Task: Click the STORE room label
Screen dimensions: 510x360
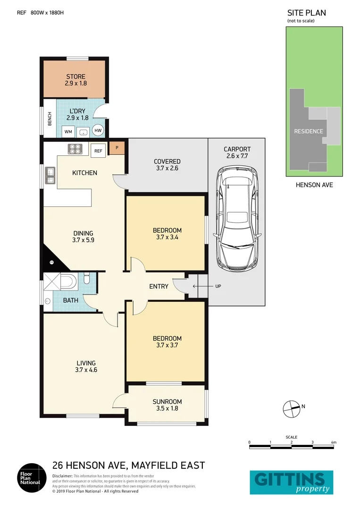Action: click(75, 76)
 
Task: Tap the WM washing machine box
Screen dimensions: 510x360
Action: click(68, 131)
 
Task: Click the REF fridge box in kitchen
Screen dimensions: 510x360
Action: click(98, 151)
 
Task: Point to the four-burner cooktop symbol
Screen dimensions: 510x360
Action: click(75, 149)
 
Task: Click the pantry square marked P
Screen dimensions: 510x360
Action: click(117, 148)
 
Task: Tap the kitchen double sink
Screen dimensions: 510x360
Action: click(50, 175)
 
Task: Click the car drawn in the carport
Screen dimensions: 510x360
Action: click(237, 220)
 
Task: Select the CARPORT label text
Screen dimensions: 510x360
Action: click(237, 149)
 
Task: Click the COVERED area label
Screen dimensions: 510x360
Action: click(167, 161)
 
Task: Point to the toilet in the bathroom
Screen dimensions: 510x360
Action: click(86, 280)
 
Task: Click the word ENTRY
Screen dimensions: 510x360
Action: click(159, 286)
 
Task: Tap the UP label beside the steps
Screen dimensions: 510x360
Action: click(218, 286)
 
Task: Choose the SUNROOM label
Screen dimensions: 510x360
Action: click(167, 402)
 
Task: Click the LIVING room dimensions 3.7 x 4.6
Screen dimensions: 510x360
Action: click(86, 370)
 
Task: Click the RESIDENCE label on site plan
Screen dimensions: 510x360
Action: click(309, 131)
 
